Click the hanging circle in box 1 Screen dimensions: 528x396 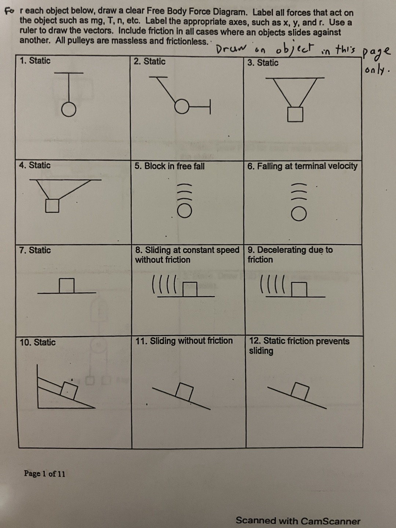pyautogui.click(x=68, y=109)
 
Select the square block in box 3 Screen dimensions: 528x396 pyautogui.click(x=295, y=114)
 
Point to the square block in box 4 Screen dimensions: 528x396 pyautogui.click(x=52, y=205)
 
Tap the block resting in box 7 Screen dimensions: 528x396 pyautogui.click(x=67, y=286)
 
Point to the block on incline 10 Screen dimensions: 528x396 pyautogui.click(x=69, y=390)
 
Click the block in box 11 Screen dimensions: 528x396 pyautogui.click(x=185, y=392)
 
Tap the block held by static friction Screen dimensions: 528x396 pyautogui.click(x=300, y=391)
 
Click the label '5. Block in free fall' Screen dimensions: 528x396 pyautogui.click(x=169, y=166)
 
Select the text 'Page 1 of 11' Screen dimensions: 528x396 pyautogui.click(x=45, y=473)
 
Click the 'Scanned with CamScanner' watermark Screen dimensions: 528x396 pyautogui.click(x=298, y=521)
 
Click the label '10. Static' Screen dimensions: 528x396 pyautogui.click(x=38, y=342)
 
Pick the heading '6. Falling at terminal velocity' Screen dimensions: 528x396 pyautogui.click(x=302, y=166)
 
